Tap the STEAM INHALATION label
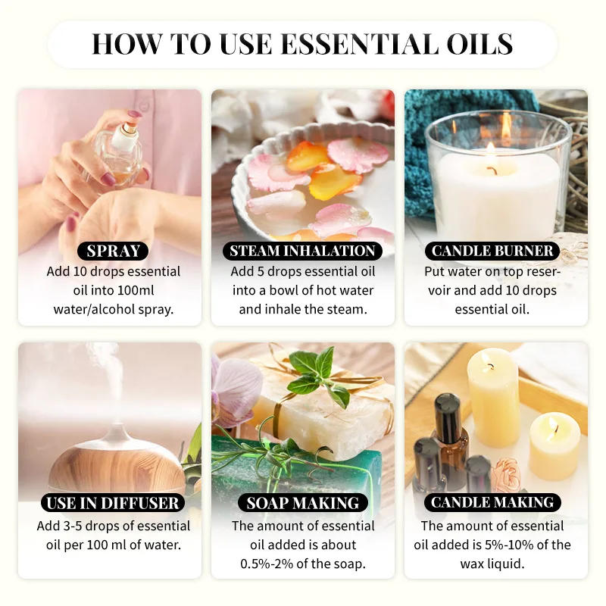pyautogui.click(x=302, y=251)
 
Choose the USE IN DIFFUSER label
pyautogui.click(x=112, y=502)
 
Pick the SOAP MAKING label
pyautogui.click(x=302, y=502)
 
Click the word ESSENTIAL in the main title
pyautogui.click(x=355, y=44)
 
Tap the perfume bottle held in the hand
pyautogui.click(x=121, y=148)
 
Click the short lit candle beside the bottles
pyautogui.click(x=554, y=445)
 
